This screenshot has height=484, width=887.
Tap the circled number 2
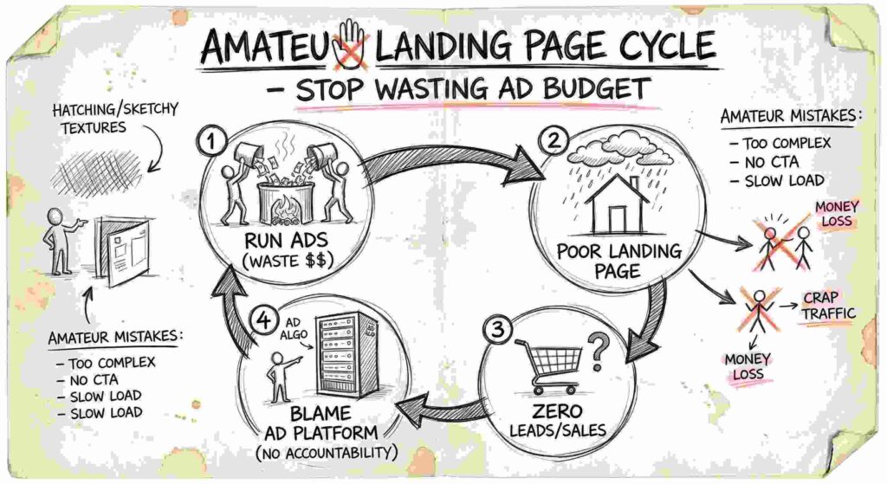click(554, 139)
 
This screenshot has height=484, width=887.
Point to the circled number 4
click(264, 320)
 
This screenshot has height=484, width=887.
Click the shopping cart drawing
click(548, 366)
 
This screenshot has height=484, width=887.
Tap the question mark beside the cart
click(598, 352)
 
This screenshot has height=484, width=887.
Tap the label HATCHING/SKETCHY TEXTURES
click(115, 118)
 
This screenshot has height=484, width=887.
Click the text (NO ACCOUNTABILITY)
click(327, 453)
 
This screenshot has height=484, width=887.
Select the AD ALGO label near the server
click(294, 329)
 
